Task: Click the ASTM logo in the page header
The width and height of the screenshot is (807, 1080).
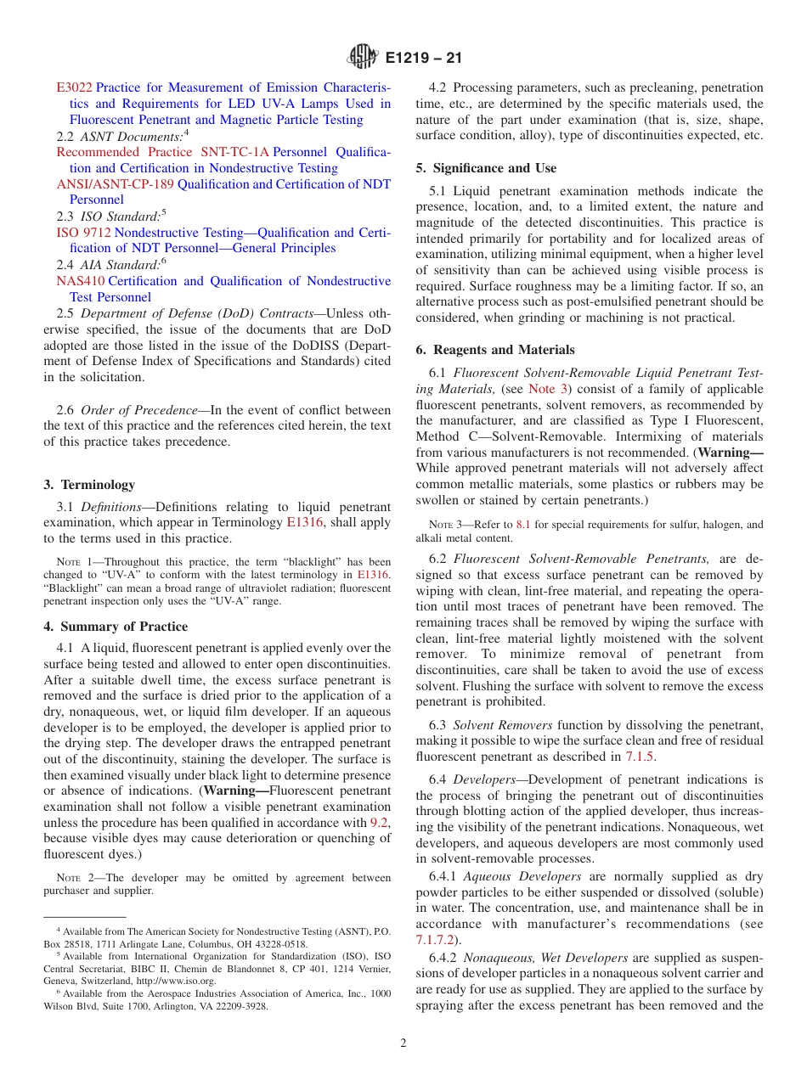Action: [x=364, y=59]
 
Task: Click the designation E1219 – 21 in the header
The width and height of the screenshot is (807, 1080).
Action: [x=423, y=59]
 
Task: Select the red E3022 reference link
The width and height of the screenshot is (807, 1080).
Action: [x=74, y=87]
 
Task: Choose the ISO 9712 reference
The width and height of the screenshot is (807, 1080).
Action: [x=83, y=233]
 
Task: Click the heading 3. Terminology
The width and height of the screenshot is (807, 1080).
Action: [x=89, y=485]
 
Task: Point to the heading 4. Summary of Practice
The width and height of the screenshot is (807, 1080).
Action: [x=116, y=627]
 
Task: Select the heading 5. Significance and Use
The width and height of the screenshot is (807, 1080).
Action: [x=486, y=168]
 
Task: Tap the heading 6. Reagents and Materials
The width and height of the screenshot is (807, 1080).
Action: [x=495, y=350]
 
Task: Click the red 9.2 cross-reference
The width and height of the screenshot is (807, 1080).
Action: [x=380, y=823]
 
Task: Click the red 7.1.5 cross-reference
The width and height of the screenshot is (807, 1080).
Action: [x=640, y=757]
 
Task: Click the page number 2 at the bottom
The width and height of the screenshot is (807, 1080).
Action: [x=403, y=1043]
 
